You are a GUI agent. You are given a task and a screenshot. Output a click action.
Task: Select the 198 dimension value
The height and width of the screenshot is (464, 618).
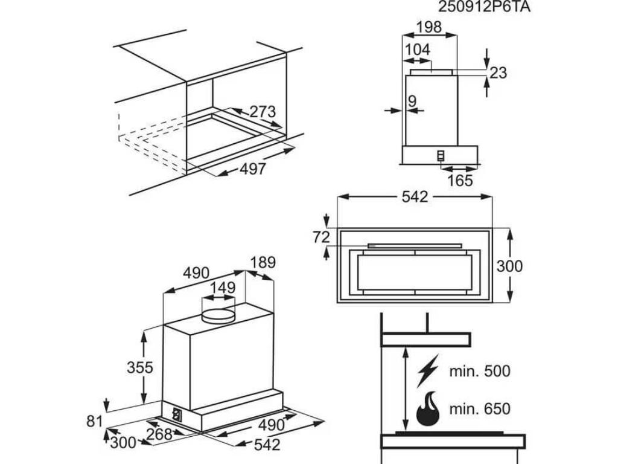click(x=430, y=27)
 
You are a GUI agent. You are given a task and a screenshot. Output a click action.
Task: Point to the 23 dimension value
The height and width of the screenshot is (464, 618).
click(x=498, y=73)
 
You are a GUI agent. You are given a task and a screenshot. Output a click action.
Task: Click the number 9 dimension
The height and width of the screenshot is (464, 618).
click(x=412, y=101)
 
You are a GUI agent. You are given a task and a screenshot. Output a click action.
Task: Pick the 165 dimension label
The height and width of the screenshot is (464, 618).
click(x=460, y=180)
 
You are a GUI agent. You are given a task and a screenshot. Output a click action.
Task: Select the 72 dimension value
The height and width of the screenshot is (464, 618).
click(x=322, y=237)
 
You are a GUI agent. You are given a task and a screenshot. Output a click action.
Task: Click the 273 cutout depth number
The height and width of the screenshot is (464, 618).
click(x=263, y=112)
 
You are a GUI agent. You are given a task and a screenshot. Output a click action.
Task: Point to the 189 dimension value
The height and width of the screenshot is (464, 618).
click(x=263, y=263)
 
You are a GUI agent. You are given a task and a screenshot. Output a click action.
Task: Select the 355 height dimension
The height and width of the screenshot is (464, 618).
click(x=140, y=367)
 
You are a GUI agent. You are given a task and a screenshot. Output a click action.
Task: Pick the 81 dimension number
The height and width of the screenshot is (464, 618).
click(x=94, y=421)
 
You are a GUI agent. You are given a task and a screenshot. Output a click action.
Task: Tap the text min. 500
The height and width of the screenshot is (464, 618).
click(x=479, y=371)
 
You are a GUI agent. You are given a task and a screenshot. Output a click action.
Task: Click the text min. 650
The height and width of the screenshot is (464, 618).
click(x=479, y=408)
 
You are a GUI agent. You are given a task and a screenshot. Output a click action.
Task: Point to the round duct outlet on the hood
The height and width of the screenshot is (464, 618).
click(x=217, y=314)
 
